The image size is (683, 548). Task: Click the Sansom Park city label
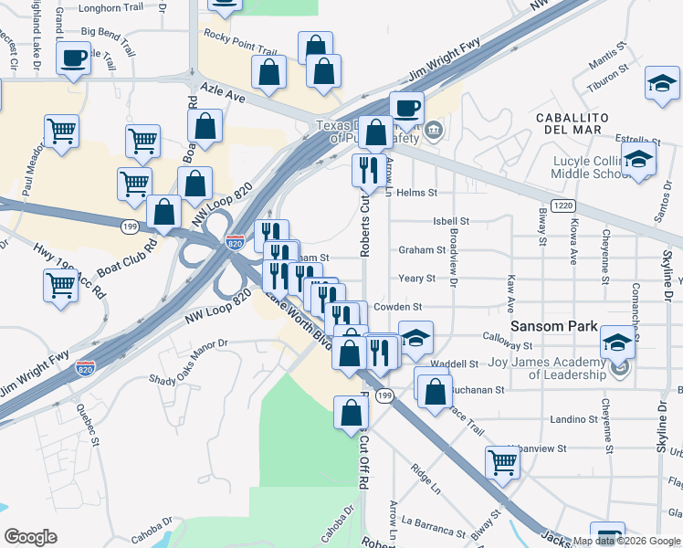point(553,326)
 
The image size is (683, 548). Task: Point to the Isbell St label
point(450,221)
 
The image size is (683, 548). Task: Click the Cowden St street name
point(422,307)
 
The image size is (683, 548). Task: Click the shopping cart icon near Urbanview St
point(502,461)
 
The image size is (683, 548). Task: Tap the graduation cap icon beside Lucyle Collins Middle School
point(641,160)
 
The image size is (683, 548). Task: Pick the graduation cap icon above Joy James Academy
point(617,343)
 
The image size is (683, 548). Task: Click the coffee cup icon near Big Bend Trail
point(73,59)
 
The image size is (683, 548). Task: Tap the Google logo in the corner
point(30,536)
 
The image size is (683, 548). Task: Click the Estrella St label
point(637,138)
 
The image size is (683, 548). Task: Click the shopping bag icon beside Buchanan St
point(436,390)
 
